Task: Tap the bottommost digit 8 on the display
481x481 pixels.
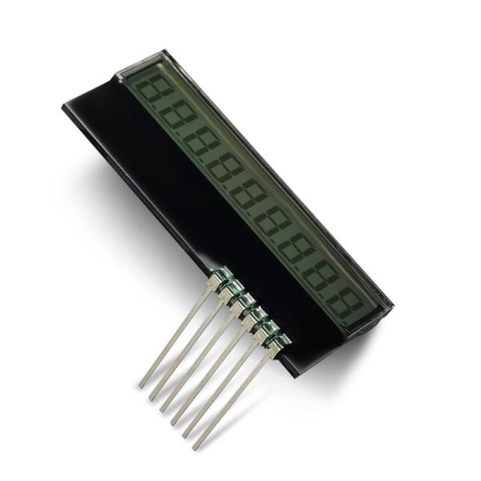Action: tap(345, 305)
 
